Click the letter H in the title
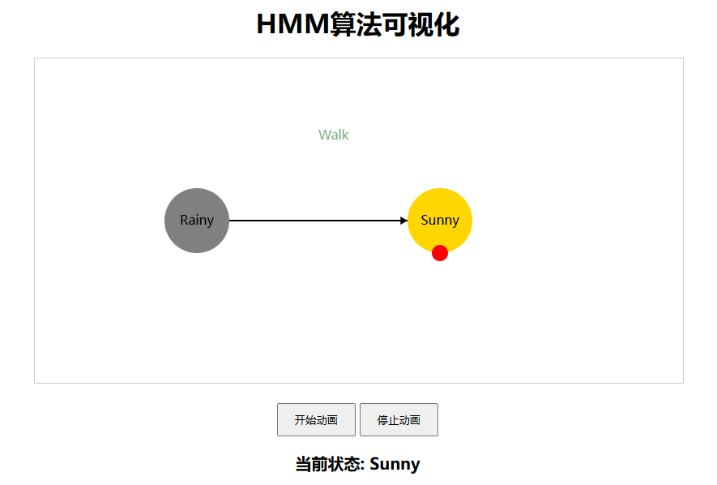pyautogui.click(x=267, y=25)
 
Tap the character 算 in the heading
pyautogui.click(x=343, y=25)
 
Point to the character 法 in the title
pyautogui.click(x=372, y=25)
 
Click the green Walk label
pyautogui.click(x=334, y=135)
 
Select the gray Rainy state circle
pyautogui.click(x=197, y=221)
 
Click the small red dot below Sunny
pyautogui.click(x=440, y=253)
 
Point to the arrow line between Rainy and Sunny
pyautogui.click(x=316, y=221)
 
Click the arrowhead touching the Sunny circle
pyautogui.click(x=403, y=221)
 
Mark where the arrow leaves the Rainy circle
pyautogui.click(x=231, y=221)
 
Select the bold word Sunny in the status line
pyautogui.click(x=395, y=465)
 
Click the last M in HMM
pyautogui.click(x=315, y=25)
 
